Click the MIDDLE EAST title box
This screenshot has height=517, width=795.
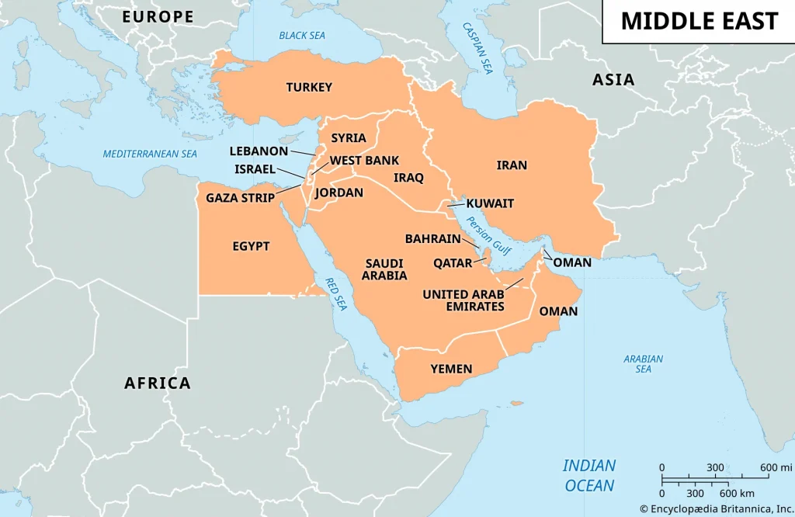point(699,21)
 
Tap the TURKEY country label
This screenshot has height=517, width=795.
point(309,88)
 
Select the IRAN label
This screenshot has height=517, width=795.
point(512,165)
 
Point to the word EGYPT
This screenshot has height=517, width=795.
point(251,246)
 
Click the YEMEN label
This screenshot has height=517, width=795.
point(451,369)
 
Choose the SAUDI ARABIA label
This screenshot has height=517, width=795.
point(385,269)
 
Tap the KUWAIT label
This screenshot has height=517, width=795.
point(490,203)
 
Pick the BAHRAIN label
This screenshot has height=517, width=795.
point(432,239)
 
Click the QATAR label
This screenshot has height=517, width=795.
point(453,263)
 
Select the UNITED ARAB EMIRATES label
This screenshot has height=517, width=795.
point(463,300)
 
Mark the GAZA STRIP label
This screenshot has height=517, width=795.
point(240,198)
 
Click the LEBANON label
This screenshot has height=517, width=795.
point(259,151)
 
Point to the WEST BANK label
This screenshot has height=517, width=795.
point(364,161)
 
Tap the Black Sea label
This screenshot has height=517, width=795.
point(302,35)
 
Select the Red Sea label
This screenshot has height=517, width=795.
point(335,294)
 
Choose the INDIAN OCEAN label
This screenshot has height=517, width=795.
point(589,476)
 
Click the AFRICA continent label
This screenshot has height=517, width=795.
point(158,383)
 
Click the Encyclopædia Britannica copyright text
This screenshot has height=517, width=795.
point(716,508)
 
